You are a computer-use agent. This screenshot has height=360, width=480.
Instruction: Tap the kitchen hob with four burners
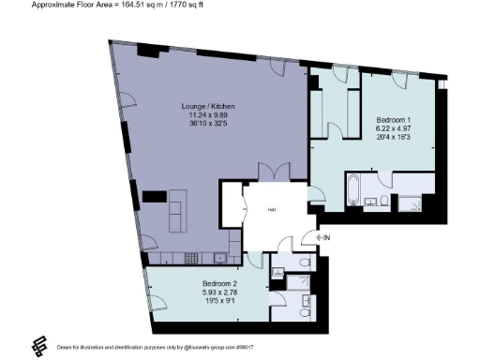(x=191, y=257)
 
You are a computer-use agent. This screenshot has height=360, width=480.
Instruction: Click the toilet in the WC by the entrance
(x=308, y=261)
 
